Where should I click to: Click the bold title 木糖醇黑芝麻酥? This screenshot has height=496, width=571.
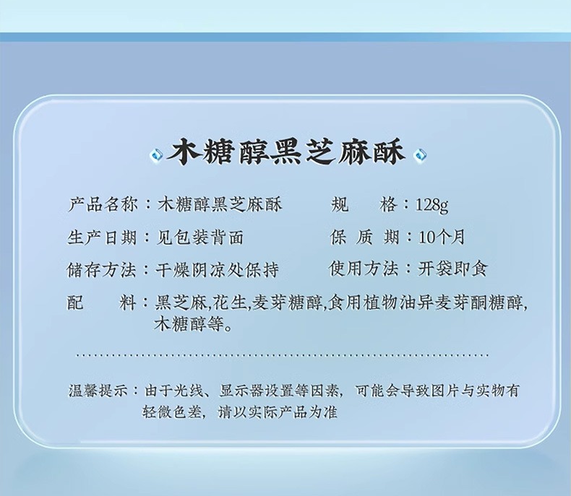pos(286,152)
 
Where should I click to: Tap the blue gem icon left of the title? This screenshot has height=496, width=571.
pos(157,155)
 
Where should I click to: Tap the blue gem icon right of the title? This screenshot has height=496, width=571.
pos(421,156)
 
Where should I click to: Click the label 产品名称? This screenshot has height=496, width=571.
pos(103,205)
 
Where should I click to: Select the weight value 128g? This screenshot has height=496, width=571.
pos(432,206)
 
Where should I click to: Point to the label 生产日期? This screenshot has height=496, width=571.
pos(103,238)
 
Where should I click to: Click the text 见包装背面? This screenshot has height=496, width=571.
pos(199,238)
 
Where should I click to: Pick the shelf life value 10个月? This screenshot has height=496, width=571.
pos(442,238)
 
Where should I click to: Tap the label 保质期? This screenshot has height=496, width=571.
pos(364,237)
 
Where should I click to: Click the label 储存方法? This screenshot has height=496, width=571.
pos(102,270)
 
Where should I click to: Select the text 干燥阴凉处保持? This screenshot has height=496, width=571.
pos(217,270)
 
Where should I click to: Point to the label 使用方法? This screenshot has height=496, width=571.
pos(364,269)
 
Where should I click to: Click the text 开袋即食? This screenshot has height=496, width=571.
pos(452,269)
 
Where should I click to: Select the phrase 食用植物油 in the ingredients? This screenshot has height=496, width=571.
pos(372,303)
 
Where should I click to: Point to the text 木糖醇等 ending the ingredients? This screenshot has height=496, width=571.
pos(189,323)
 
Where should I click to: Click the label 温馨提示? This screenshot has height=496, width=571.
pos(98,391)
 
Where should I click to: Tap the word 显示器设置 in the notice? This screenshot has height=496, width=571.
pos(257,391)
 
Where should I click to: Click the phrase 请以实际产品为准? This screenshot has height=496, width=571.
pos(278,412)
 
